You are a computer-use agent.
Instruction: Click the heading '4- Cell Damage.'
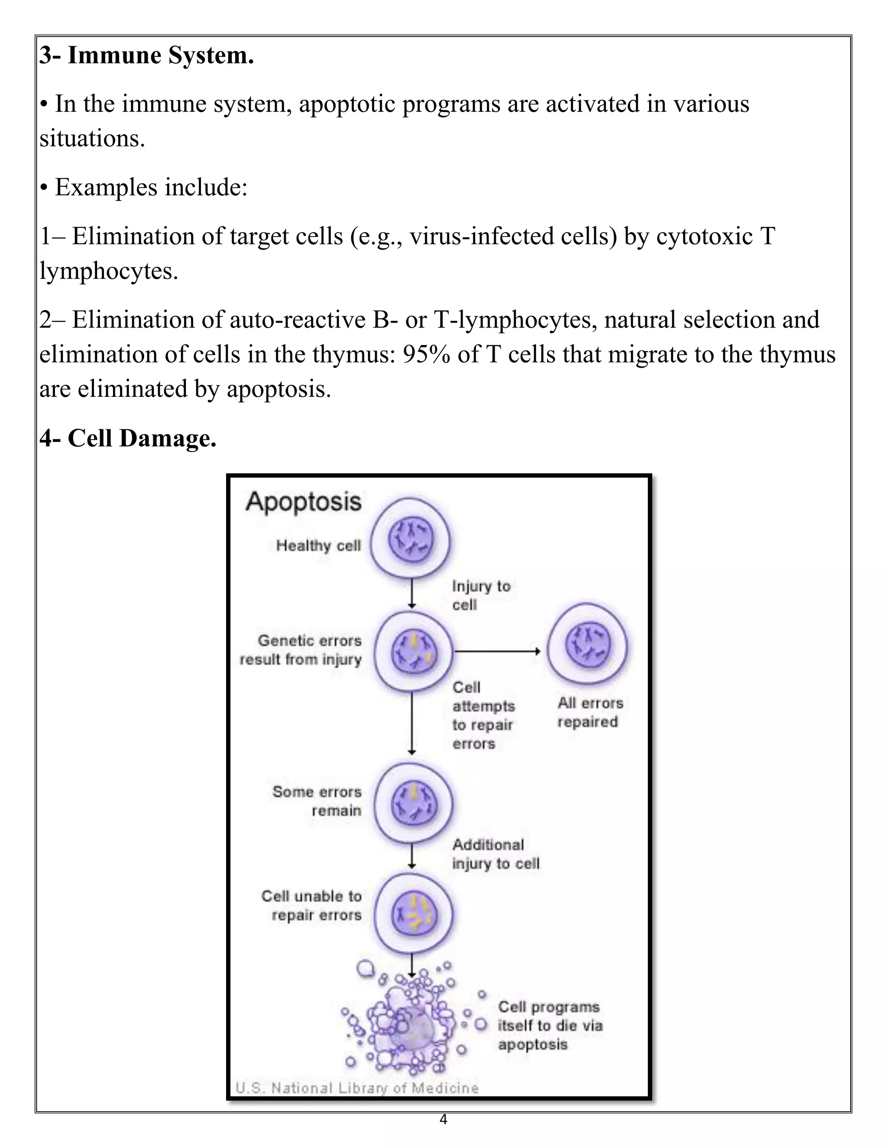click(128, 438)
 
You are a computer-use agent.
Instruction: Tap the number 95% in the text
click(426, 354)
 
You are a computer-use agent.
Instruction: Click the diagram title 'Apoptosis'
click(304, 502)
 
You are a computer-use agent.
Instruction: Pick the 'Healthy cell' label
click(318, 545)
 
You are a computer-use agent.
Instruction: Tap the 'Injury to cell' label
click(480, 595)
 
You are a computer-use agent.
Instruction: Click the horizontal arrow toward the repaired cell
click(497, 651)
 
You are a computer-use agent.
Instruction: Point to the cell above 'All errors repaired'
click(587, 644)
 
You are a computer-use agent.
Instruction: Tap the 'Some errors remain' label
click(317, 801)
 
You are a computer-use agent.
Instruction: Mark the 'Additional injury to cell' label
click(495, 854)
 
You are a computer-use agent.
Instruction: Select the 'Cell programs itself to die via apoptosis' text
click(549, 1025)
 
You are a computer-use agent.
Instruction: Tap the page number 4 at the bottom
click(443, 1119)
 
